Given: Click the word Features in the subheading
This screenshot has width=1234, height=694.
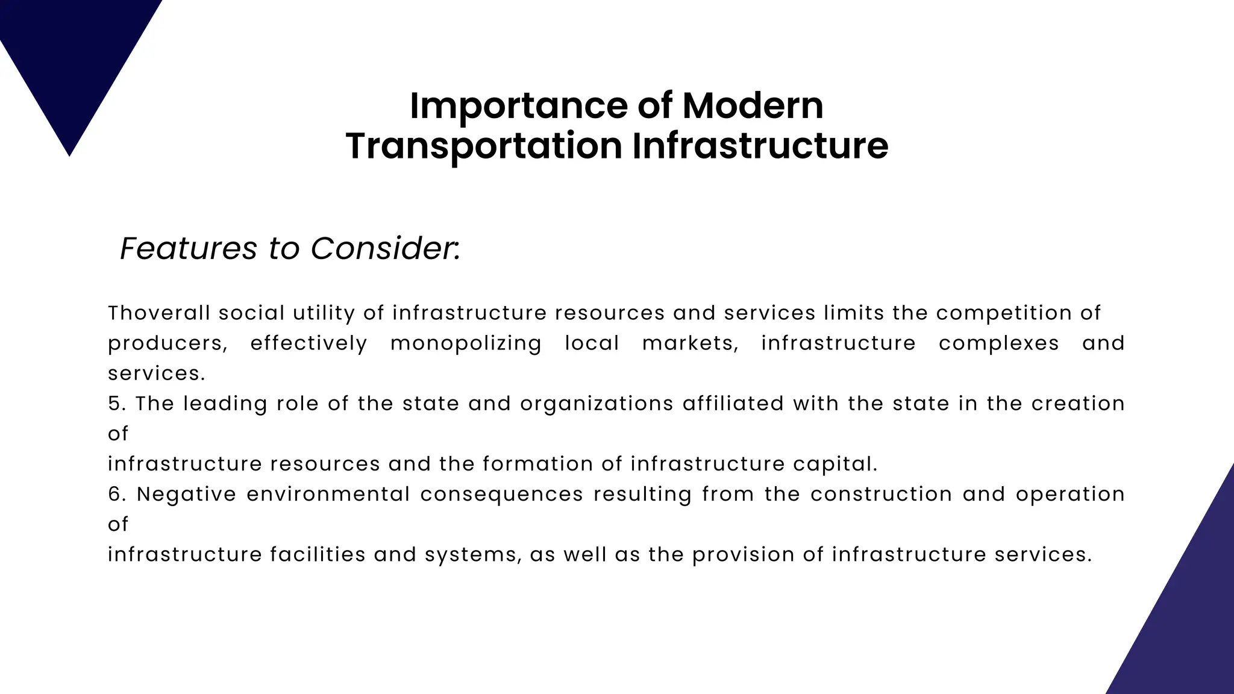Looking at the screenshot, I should click(x=189, y=248).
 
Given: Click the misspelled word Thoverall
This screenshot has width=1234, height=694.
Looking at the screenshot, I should click(x=159, y=313).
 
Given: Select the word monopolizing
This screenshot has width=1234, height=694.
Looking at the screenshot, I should click(x=465, y=343).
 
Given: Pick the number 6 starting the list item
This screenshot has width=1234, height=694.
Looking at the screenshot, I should click(x=115, y=494).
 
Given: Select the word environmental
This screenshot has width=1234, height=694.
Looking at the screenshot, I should click(x=328, y=494).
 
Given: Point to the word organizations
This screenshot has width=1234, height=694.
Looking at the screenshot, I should click(x=597, y=404).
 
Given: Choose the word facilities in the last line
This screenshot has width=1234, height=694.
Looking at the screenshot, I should click(x=318, y=554).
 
